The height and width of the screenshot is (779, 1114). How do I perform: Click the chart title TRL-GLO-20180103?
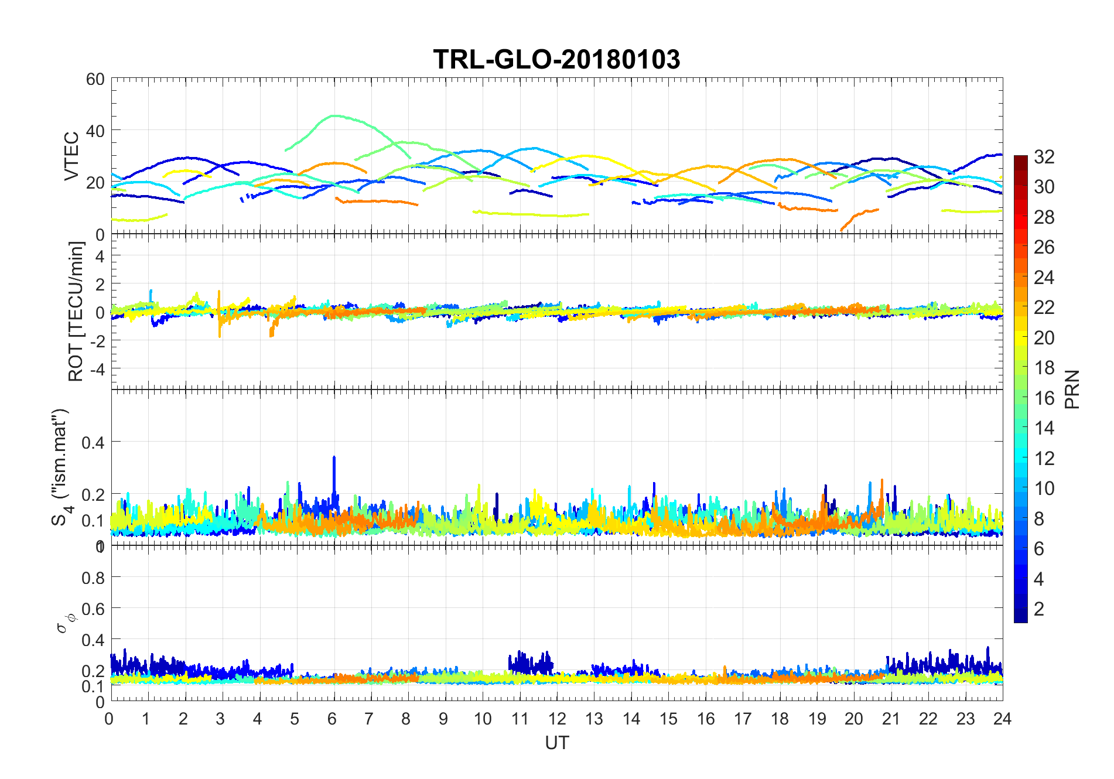click(556, 60)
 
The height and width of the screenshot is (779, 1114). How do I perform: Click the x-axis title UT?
click(556, 743)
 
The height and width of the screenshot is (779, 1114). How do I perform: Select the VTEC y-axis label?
click(71, 156)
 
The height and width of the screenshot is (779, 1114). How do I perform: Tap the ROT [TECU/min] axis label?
click(76, 312)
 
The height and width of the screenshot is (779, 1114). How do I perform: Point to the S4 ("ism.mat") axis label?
click(61, 467)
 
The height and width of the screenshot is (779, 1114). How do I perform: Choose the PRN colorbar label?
click(1072, 389)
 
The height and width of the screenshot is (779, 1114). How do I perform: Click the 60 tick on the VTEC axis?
click(95, 79)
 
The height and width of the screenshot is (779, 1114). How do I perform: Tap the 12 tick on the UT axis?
click(557, 719)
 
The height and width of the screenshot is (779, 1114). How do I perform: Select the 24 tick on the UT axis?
click(1002, 719)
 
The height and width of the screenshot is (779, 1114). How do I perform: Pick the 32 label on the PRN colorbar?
click(1044, 156)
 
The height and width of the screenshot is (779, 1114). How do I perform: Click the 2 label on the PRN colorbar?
click(1039, 609)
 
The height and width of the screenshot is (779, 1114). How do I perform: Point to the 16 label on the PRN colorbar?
click(1044, 398)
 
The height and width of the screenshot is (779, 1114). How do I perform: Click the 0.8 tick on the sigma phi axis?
click(93, 578)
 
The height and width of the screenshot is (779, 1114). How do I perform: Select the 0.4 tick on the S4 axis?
click(93, 442)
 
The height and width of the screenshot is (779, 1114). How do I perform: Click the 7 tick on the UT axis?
click(368, 719)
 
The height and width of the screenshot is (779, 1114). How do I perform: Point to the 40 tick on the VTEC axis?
click(95, 130)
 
